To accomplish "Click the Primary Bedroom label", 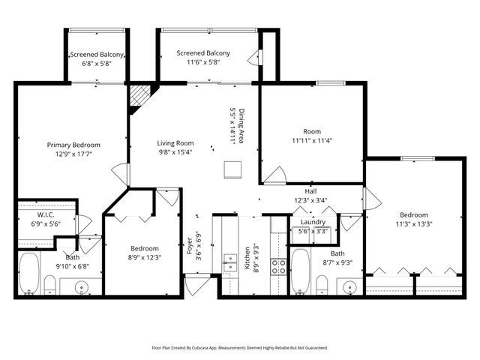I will pyautogui.click(x=73, y=145).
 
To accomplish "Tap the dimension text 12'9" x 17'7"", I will pyautogui.click(x=73, y=155).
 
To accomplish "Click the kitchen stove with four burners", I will pyautogui.click(x=277, y=264).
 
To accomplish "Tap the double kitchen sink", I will pyautogui.click(x=229, y=263).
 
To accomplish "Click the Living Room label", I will pyautogui.click(x=175, y=143).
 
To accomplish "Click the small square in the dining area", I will pyautogui.click(x=233, y=169).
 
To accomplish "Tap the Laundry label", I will pyautogui.click(x=313, y=222).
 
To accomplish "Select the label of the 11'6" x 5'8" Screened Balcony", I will pyautogui.click(x=203, y=53).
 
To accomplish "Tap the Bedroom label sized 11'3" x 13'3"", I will pyautogui.click(x=414, y=214).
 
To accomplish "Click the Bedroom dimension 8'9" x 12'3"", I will pyautogui.click(x=145, y=259).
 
